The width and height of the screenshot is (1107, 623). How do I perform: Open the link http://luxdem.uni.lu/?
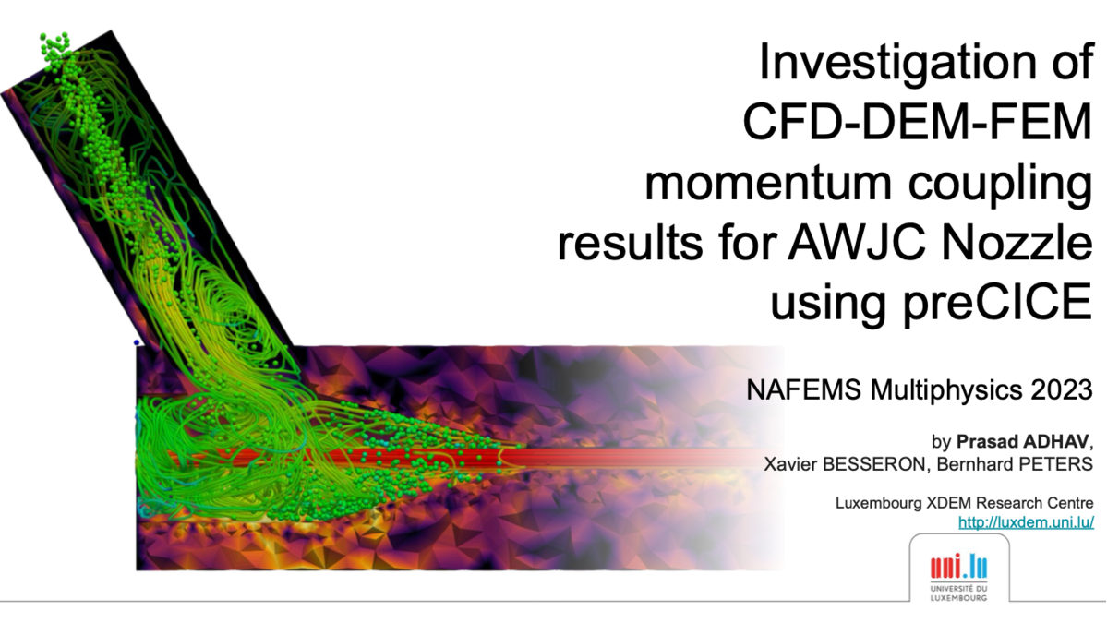pyautogui.click(x=1027, y=522)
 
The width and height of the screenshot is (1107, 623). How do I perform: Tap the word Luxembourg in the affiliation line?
pyautogui.click(x=878, y=504)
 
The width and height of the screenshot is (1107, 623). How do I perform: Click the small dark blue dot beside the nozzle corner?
pyautogui.click(x=137, y=343)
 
